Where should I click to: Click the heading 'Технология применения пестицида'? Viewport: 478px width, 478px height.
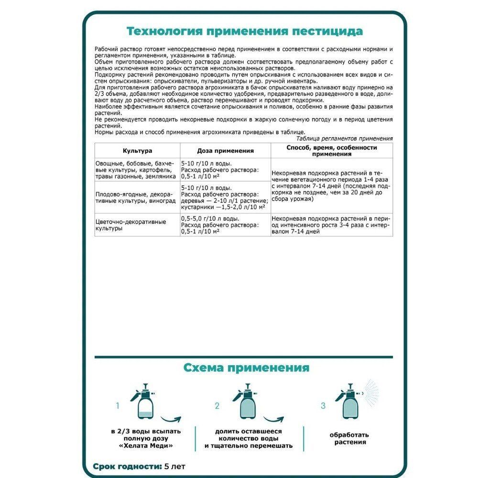(244, 32)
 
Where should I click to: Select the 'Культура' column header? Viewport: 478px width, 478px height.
(137, 151)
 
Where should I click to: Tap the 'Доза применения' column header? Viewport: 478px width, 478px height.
(225, 151)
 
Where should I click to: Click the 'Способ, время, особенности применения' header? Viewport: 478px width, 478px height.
(331, 151)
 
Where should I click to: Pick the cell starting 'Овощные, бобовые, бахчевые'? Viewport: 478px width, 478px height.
(137, 170)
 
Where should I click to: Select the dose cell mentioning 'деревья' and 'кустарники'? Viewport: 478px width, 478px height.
(225, 197)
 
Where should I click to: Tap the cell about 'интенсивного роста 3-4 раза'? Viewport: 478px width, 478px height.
(331, 225)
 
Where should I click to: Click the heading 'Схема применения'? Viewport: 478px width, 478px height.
(246, 368)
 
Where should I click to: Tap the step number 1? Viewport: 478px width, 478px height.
(118, 406)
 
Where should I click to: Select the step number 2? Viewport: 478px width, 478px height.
(217, 406)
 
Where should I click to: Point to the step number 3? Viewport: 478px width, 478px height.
(323, 406)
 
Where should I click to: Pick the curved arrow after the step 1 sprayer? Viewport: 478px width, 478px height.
(171, 420)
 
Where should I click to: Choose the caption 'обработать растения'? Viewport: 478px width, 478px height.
(349, 438)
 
